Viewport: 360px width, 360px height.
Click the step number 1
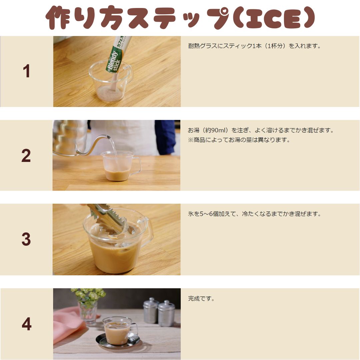pyautogui.click(x=26, y=71)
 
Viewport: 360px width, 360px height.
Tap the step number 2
pyautogui.click(x=26, y=155)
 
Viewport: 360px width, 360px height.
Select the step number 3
pyautogui.click(x=26, y=239)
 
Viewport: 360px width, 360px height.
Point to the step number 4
pyautogui.click(x=26, y=324)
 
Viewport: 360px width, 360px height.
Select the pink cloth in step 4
pyautogui.click(x=69, y=324)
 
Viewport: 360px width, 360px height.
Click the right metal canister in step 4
pyautogui.click(x=166, y=313)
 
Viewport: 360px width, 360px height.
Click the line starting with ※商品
pyautogui.click(x=239, y=140)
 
